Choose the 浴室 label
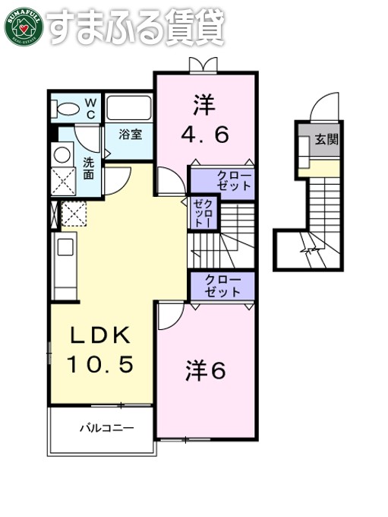[130, 135]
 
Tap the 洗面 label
[88, 167]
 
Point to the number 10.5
[102, 365]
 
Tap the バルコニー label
[107, 429]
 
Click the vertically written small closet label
[203, 213]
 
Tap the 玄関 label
[327, 139]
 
